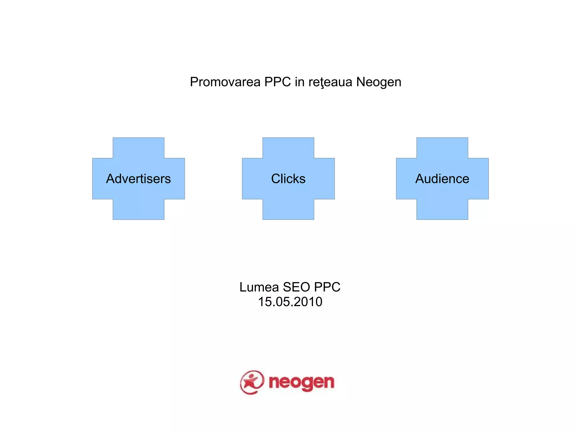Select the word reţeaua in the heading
point(330,82)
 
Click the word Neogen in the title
point(379,82)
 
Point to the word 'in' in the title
point(300,82)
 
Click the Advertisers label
point(138,179)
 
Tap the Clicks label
point(288,179)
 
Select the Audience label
point(442,179)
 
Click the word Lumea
point(259,287)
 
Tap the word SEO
point(296,287)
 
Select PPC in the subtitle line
point(327,287)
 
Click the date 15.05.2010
point(290,302)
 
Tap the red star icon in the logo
point(252,382)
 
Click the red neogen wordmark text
point(301,382)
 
